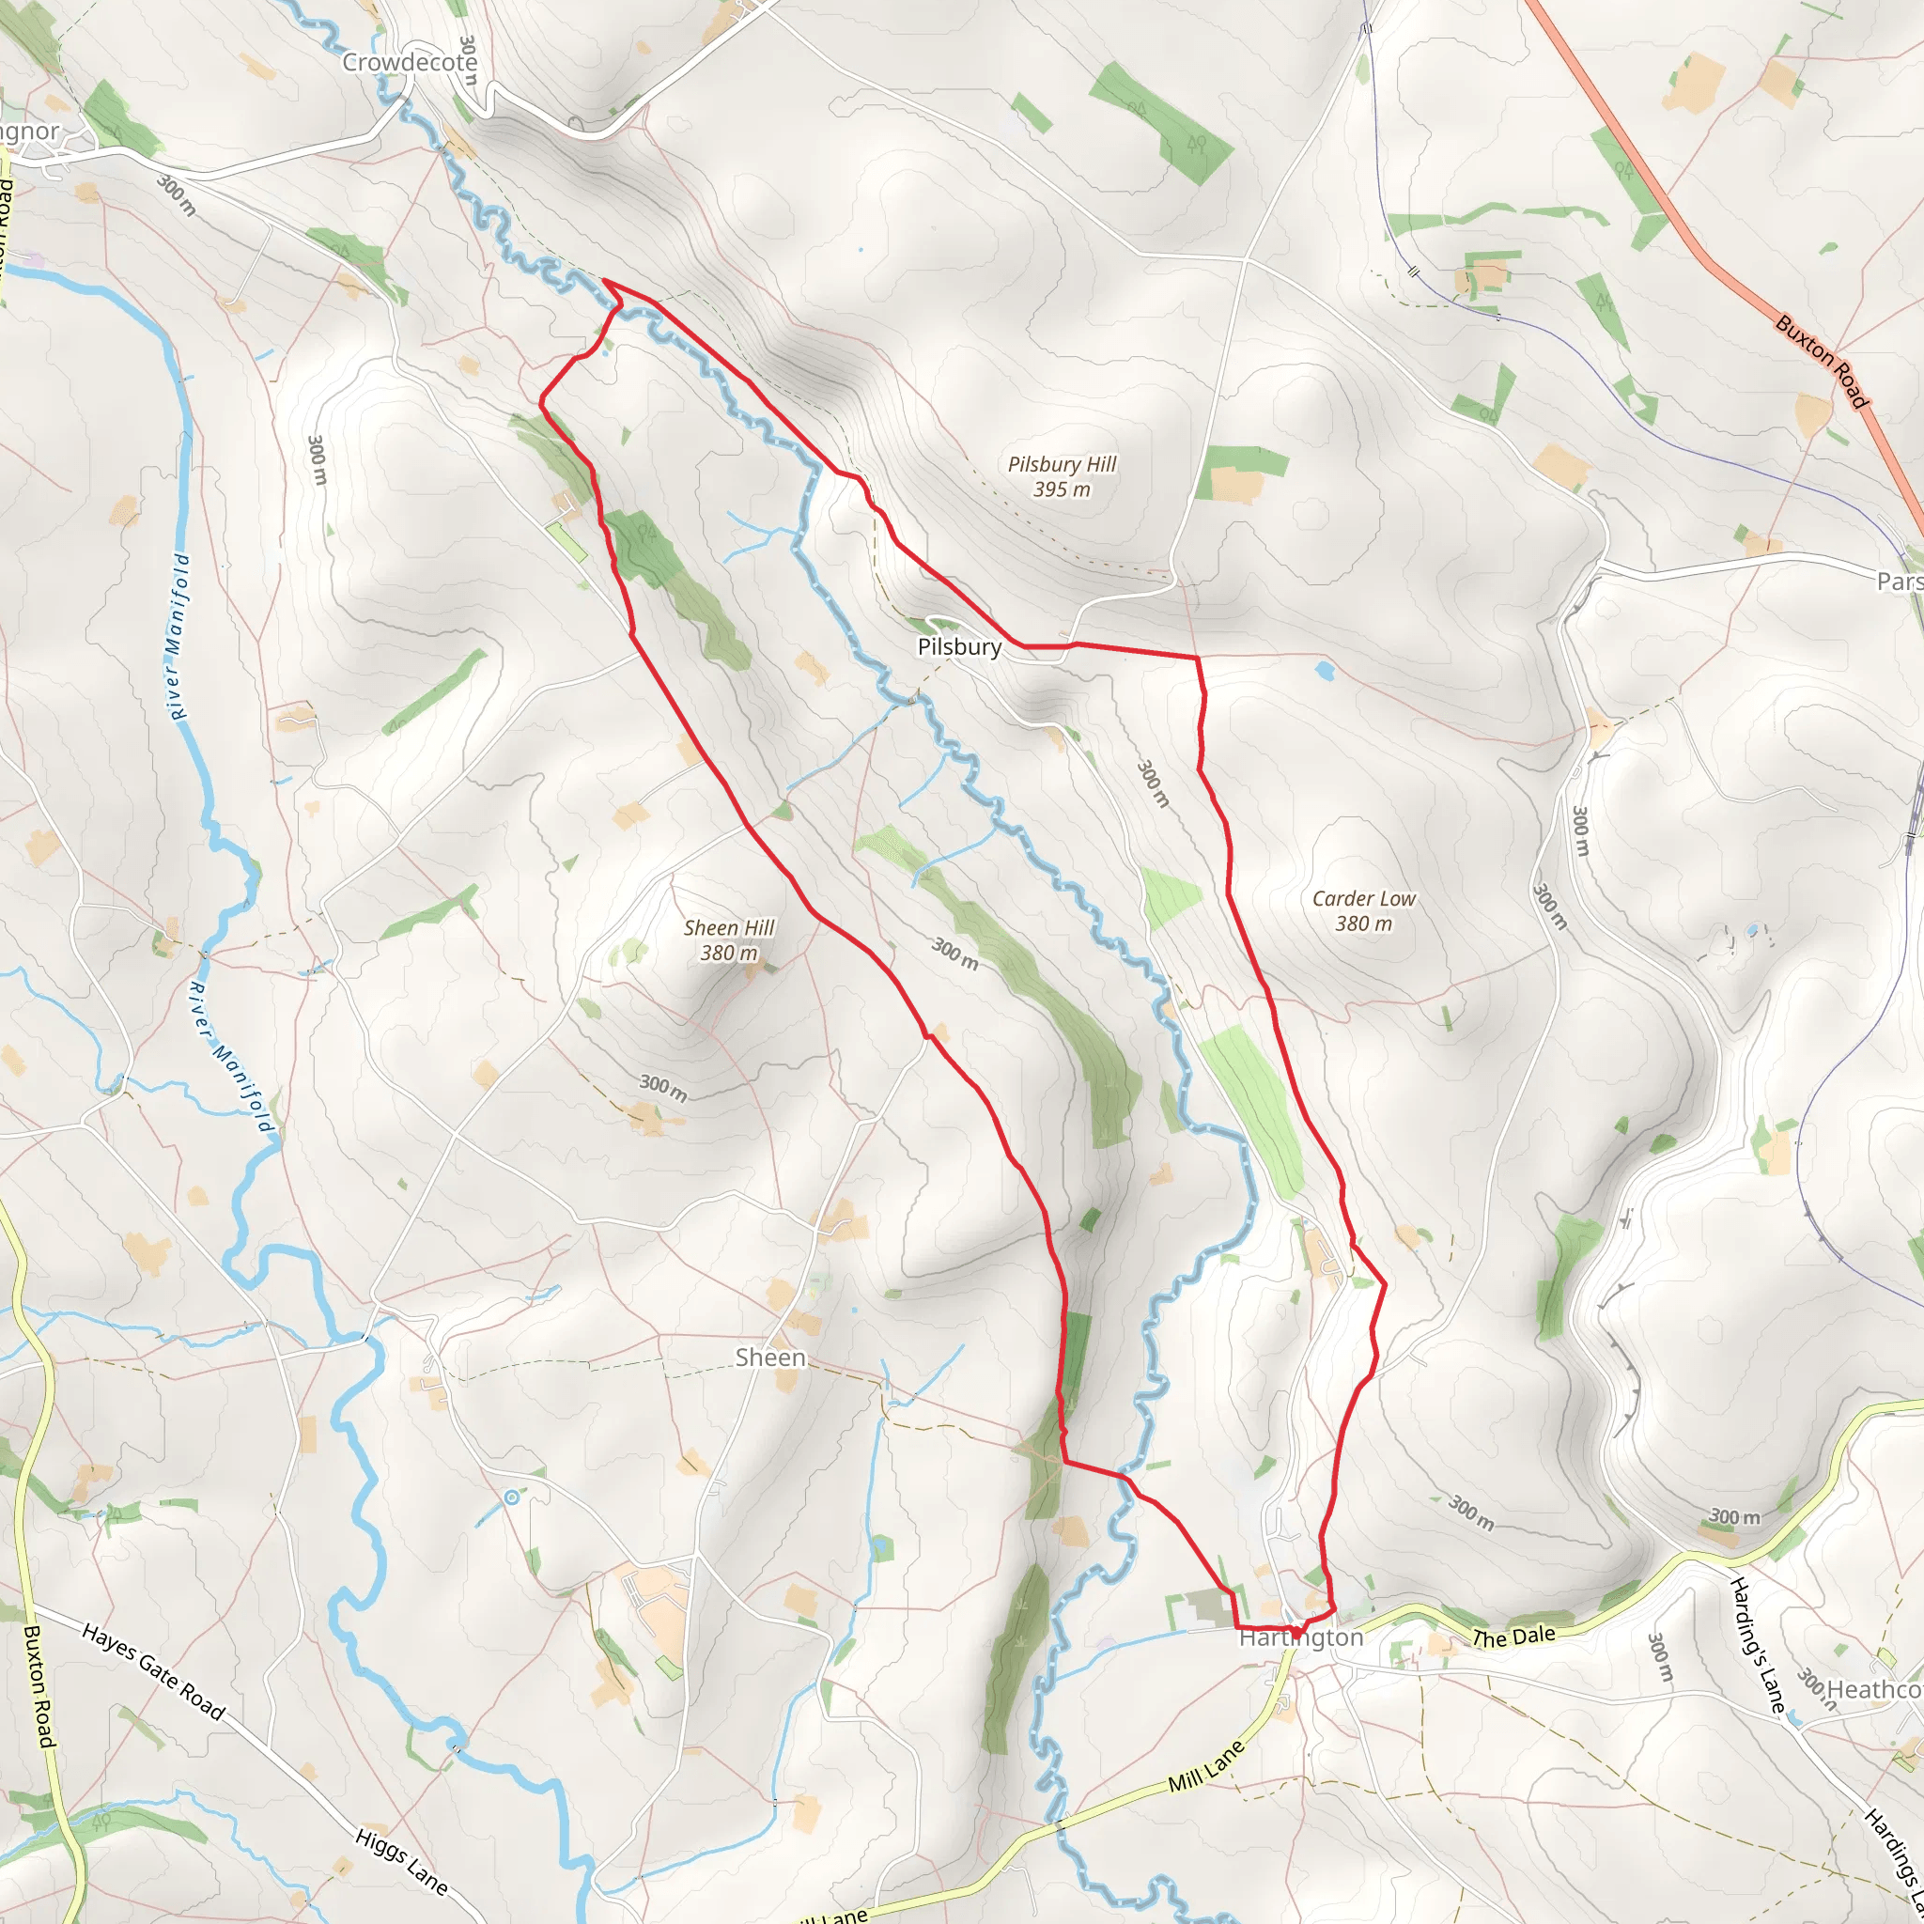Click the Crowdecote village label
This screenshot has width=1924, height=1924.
coord(410,63)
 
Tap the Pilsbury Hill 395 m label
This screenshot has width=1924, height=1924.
coord(1062,476)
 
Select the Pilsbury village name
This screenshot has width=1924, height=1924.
coord(959,647)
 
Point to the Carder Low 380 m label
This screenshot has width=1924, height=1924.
coord(1363,910)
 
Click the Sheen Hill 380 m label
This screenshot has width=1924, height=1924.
coord(729,940)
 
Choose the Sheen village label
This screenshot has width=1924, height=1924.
coord(769,1358)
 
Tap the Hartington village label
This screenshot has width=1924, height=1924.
coord(1300,1637)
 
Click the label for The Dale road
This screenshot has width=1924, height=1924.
coord(1513,1637)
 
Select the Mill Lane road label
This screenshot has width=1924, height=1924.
coord(1206,1767)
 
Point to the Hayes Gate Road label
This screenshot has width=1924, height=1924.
coord(153,1672)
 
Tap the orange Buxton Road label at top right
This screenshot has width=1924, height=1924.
coord(1822,362)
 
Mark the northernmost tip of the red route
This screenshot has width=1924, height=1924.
coord(604,282)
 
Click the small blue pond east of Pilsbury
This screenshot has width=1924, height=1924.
coord(1324,670)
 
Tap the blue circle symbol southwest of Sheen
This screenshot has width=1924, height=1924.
coord(512,1497)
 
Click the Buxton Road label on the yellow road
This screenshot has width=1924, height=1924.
coord(39,1686)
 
